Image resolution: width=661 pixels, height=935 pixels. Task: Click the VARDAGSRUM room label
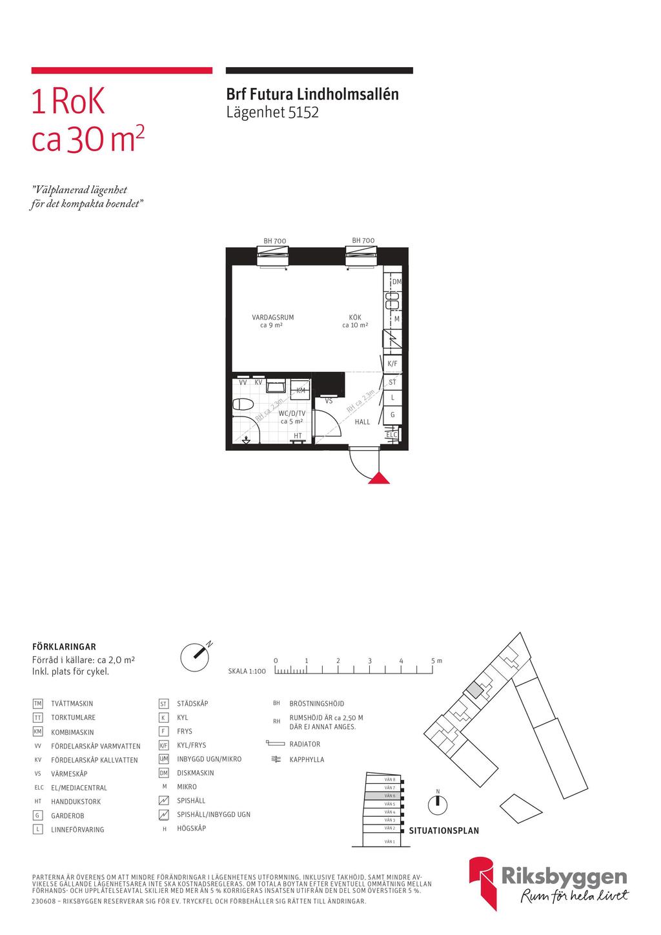[272, 317]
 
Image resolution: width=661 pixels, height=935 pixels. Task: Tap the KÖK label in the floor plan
[355, 317]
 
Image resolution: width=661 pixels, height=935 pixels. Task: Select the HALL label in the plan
[363, 422]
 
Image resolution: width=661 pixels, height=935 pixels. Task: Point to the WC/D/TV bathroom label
[292, 413]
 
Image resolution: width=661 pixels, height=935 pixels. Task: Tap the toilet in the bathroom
[243, 405]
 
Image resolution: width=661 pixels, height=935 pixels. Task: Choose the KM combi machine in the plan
[301, 390]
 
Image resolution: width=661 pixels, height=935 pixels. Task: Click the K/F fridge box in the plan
[392, 364]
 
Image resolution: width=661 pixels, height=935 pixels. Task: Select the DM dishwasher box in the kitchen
[396, 282]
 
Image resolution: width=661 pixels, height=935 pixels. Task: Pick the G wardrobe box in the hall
[392, 415]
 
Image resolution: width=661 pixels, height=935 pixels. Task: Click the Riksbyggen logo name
[564, 876]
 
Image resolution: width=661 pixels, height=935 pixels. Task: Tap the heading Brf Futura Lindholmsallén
[312, 94]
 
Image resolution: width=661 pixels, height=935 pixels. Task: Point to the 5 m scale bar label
[437, 661]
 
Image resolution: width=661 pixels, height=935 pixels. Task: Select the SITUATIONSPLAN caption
[444, 831]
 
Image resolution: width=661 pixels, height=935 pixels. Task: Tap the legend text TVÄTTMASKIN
[72, 704]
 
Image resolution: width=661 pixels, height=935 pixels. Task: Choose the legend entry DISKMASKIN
[196, 773]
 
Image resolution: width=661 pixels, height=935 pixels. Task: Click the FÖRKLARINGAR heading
[64, 646]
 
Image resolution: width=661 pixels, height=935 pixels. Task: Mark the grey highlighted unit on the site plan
[474, 690]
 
